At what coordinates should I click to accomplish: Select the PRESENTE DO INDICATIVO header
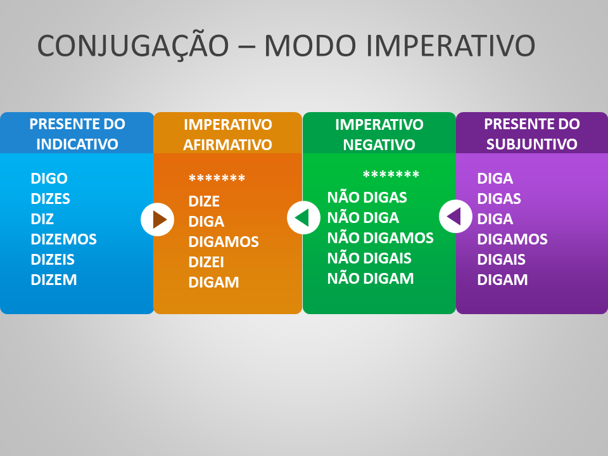tap(77, 134)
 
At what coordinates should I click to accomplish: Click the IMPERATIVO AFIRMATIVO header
tap(227, 134)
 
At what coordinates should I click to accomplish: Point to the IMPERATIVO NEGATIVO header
tap(379, 134)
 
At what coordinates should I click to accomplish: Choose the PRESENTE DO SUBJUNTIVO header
tap(531, 134)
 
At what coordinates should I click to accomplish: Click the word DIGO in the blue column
tap(49, 179)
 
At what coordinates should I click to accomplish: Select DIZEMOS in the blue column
tap(63, 239)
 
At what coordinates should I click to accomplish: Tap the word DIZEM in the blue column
tap(54, 280)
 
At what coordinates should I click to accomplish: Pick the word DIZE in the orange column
tap(204, 201)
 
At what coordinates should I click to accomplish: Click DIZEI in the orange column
tap(206, 262)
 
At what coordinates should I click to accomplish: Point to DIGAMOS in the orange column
tap(224, 242)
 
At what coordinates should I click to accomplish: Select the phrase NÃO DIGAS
tap(367, 198)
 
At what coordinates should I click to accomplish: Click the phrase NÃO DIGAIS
tap(369, 258)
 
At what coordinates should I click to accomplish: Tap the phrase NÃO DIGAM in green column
tap(370, 279)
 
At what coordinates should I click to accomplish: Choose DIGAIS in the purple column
tap(501, 260)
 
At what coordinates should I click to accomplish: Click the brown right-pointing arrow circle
tap(157, 220)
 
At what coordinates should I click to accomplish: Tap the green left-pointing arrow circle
tap(303, 218)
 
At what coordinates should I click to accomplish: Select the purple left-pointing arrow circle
tap(455, 217)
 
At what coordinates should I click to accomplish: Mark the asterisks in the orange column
tap(217, 179)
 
